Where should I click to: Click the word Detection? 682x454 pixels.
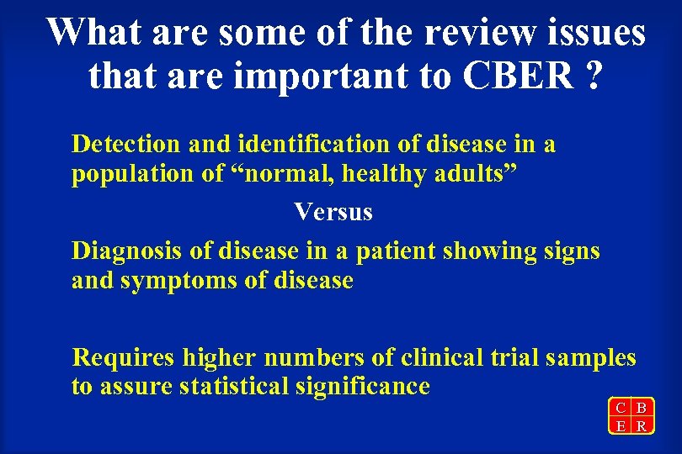[x=125, y=144]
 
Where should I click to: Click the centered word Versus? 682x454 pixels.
[x=333, y=212]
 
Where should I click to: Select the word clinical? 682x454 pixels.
[x=443, y=357]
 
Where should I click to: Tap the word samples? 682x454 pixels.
[x=590, y=357]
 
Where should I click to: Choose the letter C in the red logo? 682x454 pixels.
[x=621, y=408]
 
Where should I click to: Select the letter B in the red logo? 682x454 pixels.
[x=642, y=408]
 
